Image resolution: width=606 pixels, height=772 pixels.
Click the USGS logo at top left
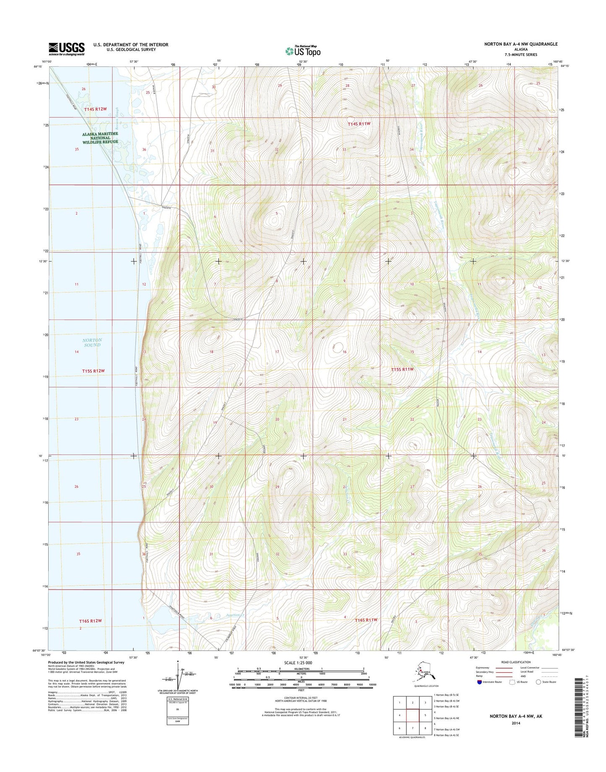click(x=67, y=49)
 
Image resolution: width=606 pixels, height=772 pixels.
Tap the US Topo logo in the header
click(x=303, y=51)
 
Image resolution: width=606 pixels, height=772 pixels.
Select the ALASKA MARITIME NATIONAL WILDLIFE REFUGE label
click(x=100, y=138)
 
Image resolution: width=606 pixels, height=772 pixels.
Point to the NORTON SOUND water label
click(x=92, y=342)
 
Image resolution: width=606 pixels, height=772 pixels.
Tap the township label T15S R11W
click(x=402, y=369)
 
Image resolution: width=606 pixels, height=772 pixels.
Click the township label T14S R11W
click(x=359, y=124)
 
